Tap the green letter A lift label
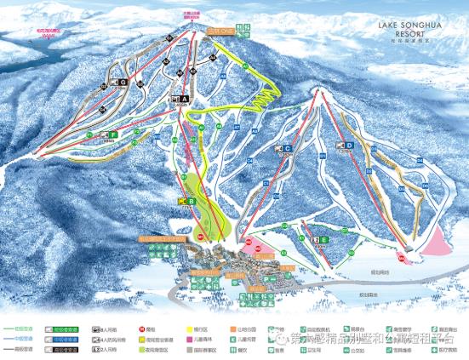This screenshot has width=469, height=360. [x=184, y=99]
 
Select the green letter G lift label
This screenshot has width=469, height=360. [x=123, y=83]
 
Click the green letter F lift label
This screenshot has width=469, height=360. [x=112, y=134]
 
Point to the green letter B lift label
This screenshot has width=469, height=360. [x=192, y=201]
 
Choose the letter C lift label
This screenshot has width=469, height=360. [x=289, y=149]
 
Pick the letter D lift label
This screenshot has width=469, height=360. [x=350, y=146]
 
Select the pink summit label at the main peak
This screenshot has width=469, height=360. [x=191, y=15]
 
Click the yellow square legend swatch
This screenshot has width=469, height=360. [x=180, y=329]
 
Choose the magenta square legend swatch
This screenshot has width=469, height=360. [x=180, y=348]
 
